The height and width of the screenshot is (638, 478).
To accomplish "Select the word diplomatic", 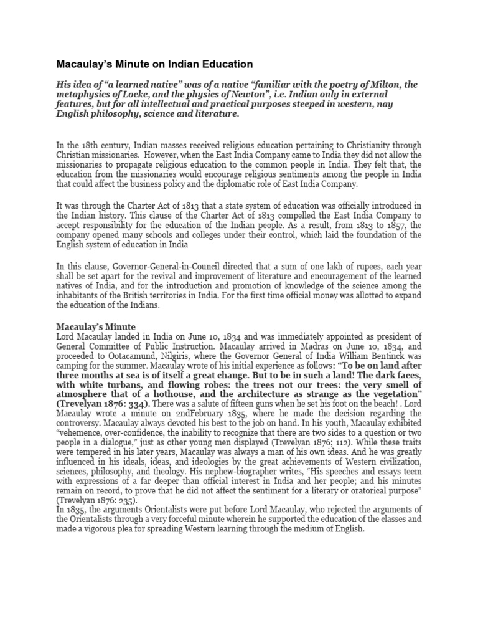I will pos(268,185).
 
